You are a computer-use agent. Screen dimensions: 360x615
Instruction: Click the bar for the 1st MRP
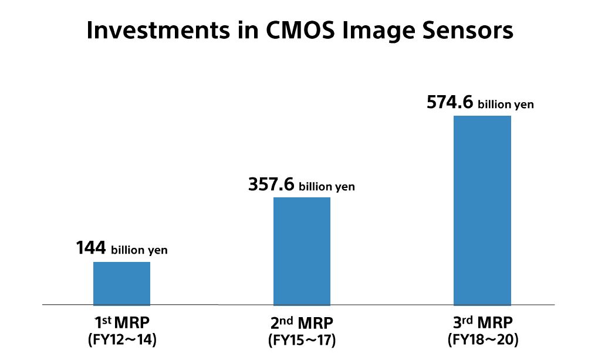(x=121, y=283)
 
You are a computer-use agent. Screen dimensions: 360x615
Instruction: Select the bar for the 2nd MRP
(x=302, y=251)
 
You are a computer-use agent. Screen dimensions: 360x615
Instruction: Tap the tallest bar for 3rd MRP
(x=482, y=210)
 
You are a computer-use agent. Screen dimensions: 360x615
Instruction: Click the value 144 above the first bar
(x=91, y=248)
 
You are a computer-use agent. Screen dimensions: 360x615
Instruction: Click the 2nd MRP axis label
(x=302, y=324)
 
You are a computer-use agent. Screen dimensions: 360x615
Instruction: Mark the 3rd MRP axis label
(x=482, y=323)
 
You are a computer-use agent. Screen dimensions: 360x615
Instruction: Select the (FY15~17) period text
(x=302, y=339)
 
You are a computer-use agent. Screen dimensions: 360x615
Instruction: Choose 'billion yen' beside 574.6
(x=506, y=105)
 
